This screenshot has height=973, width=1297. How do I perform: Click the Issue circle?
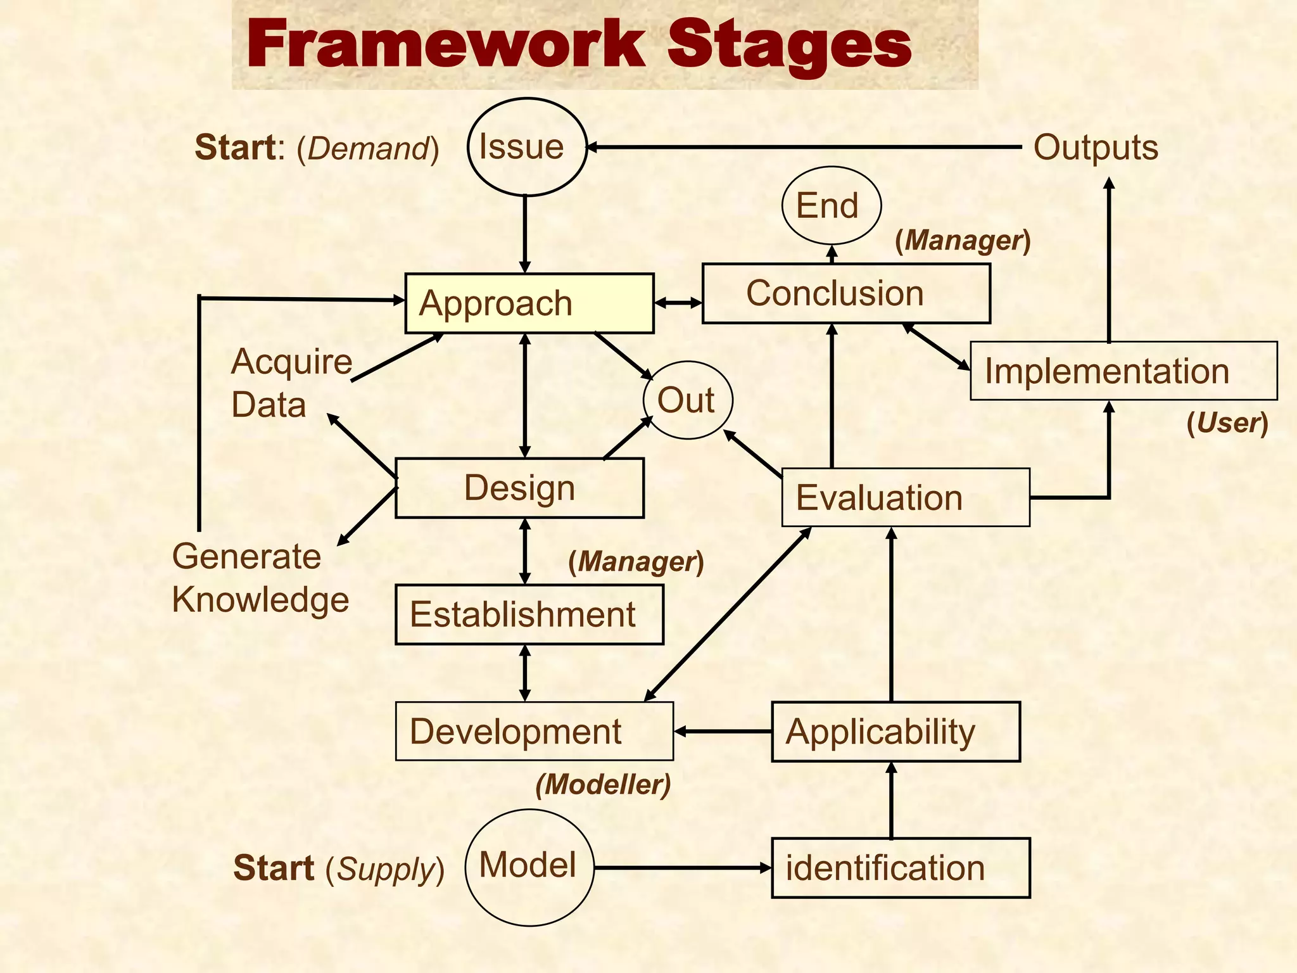tap(527, 147)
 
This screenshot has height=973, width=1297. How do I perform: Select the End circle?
tap(831, 205)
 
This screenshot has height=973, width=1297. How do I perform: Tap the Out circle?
tap(688, 400)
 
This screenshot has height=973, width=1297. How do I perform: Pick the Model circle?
tap(529, 867)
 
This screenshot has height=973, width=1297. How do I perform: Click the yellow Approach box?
tap(529, 303)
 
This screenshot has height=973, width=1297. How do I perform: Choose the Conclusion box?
tap(846, 293)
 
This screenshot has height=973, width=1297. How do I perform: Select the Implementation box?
tap(1123, 371)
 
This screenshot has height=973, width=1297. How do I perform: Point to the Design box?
tap(519, 488)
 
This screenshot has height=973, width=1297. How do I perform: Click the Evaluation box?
tap(906, 497)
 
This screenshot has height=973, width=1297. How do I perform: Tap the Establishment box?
tap(529, 614)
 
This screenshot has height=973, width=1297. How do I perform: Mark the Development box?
tap(534, 731)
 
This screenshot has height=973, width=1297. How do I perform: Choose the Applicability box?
tap(895, 732)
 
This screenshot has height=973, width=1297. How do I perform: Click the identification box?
tap(901, 868)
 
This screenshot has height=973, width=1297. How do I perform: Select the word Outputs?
tap(1096, 148)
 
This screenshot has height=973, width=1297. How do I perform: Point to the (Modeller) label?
tap(603, 784)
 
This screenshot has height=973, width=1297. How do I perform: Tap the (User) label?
tap(1227, 423)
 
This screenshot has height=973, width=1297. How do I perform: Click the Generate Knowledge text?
tap(260, 578)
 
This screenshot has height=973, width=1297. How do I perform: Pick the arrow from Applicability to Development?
tap(723, 732)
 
